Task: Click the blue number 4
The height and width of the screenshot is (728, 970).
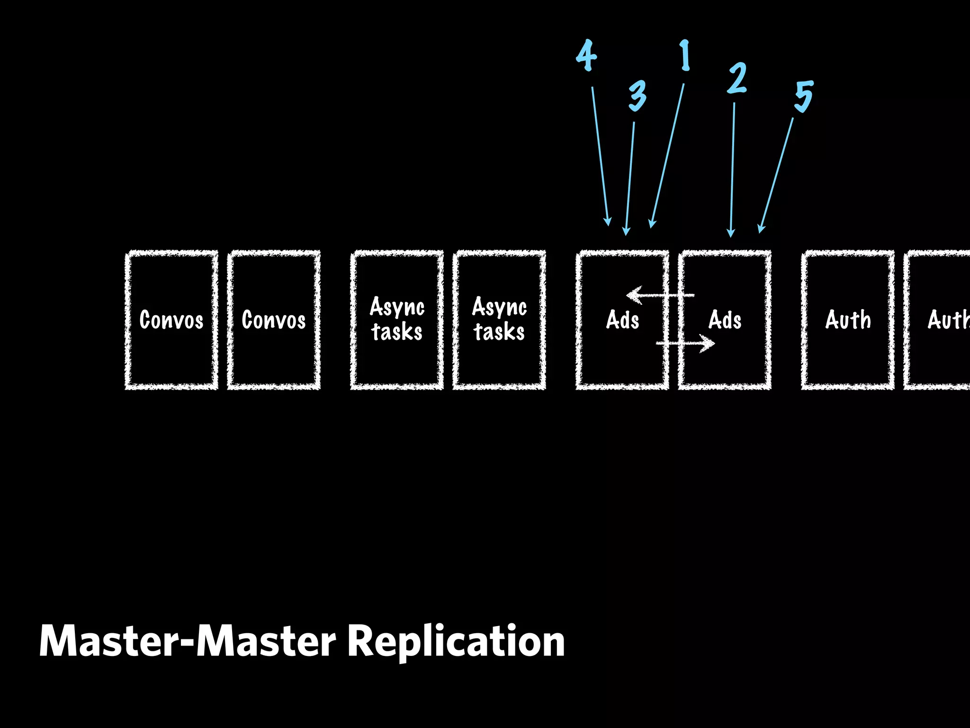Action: coord(586,55)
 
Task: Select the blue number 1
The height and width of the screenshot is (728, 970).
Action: coord(685,55)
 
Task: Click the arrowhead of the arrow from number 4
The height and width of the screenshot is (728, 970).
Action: coord(608,221)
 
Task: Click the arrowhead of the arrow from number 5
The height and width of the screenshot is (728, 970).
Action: coord(761,228)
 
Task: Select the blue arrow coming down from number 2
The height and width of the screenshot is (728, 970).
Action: coord(733,166)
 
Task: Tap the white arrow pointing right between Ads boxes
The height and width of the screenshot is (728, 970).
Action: coord(686,343)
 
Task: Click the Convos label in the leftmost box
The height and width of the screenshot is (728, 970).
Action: coord(171,320)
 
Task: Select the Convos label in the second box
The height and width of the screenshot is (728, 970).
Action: coord(274,320)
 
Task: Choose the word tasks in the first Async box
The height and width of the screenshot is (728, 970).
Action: coord(397,332)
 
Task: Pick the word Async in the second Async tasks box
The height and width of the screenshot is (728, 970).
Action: coord(499,307)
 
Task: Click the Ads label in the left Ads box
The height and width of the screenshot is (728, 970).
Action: coord(622,320)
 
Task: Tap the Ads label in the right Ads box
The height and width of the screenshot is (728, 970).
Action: coord(725,320)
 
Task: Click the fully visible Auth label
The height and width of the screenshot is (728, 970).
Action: coord(848,320)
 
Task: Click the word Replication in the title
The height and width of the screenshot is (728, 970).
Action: coord(456,642)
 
